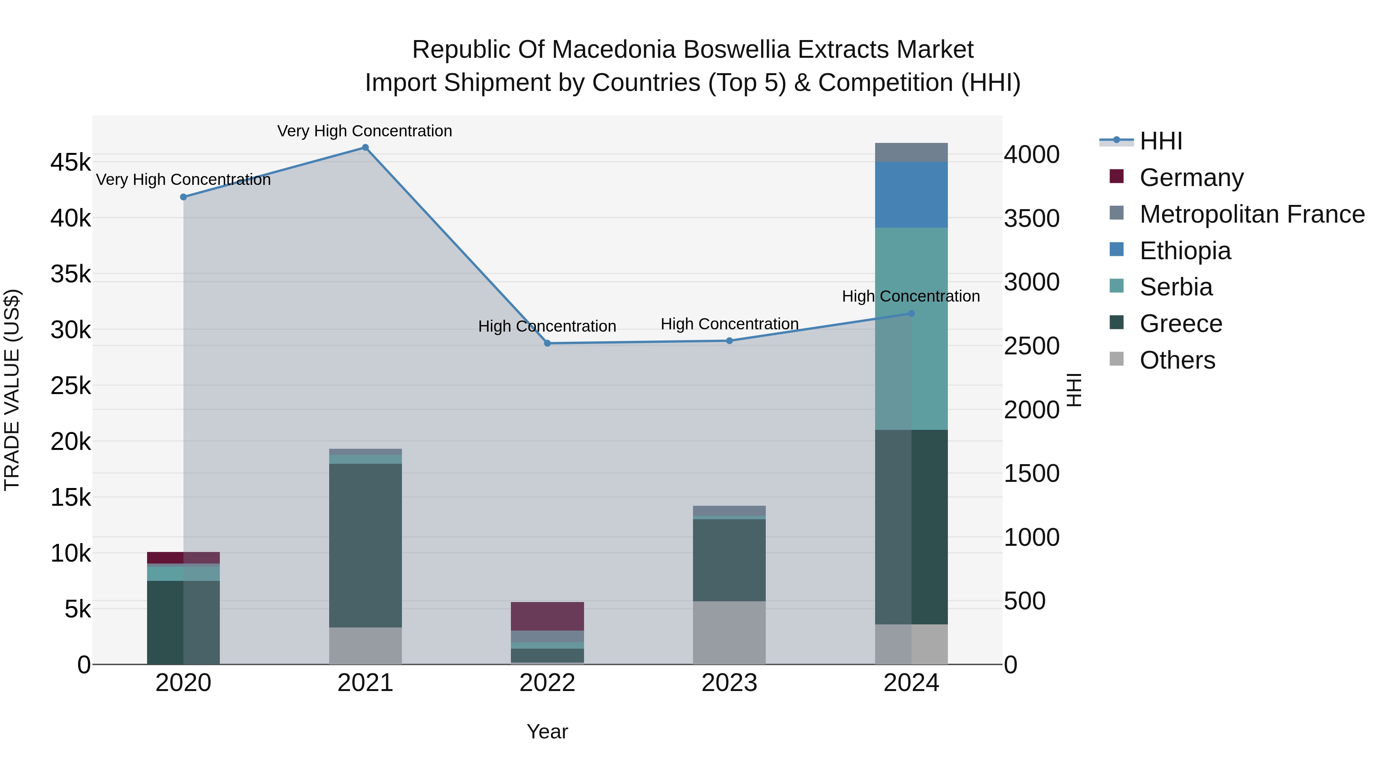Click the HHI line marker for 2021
click(x=365, y=148)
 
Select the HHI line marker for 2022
click(x=547, y=344)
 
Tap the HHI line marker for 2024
click(x=911, y=313)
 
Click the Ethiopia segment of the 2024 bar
click(x=911, y=195)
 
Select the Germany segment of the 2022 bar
click(x=547, y=616)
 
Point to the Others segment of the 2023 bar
click(x=729, y=632)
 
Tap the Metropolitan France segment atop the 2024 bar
click(x=911, y=152)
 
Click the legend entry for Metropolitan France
click(x=1252, y=214)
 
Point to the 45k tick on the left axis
click(x=70, y=163)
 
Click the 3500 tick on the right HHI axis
click(x=1031, y=218)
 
